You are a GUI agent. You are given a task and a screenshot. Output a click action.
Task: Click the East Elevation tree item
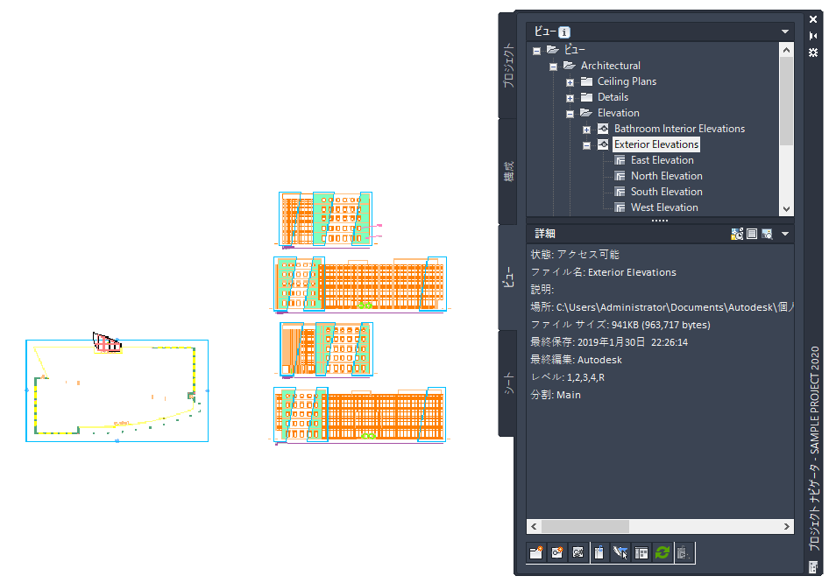pyautogui.click(x=662, y=160)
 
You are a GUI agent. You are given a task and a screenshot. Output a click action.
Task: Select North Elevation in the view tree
pyautogui.click(x=666, y=176)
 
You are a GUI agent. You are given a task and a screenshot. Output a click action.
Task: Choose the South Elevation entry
pyautogui.click(x=666, y=192)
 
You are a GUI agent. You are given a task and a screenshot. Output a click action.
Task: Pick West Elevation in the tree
pyautogui.click(x=664, y=207)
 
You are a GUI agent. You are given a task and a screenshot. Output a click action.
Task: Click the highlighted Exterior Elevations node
pyautogui.click(x=656, y=144)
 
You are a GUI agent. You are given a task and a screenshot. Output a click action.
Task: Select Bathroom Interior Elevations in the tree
pyautogui.click(x=679, y=129)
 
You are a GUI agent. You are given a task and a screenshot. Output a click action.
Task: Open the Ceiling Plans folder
pyautogui.click(x=627, y=81)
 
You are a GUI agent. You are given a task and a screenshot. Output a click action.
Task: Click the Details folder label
pyautogui.click(x=613, y=97)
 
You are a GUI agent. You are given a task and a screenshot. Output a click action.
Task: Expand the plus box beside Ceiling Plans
pyautogui.click(x=570, y=82)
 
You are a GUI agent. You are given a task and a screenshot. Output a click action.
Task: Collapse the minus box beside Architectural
pyautogui.click(x=553, y=67)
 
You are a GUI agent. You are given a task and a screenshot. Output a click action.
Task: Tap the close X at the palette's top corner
pyautogui.click(x=813, y=19)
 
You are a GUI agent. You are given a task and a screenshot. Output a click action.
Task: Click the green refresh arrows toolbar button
pyautogui.click(x=662, y=553)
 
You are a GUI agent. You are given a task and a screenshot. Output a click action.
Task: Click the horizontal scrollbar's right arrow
pyautogui.click(x=787, y=526)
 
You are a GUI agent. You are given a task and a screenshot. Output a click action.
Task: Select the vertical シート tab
pyautogui.click(x=508, y=383)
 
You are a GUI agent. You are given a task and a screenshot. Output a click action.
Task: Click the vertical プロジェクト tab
pyautogui.click(x=508, y=66)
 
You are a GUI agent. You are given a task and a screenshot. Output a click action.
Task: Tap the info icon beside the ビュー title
pyautogui.click(x=564, y=32)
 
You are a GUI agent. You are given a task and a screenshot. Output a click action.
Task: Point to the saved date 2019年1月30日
pyautogui.click(x=611, y=342)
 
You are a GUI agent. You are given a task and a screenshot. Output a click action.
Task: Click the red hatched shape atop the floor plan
pyautogui.click(x=107, y=342)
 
